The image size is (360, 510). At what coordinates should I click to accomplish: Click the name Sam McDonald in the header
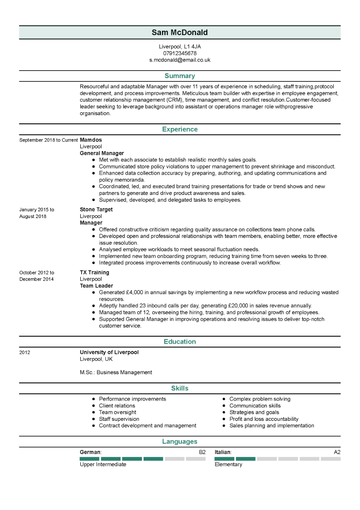[x=180, y=32]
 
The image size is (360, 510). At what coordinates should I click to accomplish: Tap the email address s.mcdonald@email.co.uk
[x=180, y=60]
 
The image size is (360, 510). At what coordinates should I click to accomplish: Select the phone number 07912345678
[x=180, y=53]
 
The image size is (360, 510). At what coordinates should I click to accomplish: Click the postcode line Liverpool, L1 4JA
[x=180, y=47]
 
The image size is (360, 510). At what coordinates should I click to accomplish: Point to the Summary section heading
[x=180, y=76]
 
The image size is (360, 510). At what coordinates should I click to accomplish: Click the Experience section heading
[x=180, y=129]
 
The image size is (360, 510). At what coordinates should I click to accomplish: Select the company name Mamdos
[x=91, y=140]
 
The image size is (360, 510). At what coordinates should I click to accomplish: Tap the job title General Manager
[x=102, y=153]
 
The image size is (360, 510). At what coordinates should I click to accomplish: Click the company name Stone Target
[x=96, y=209]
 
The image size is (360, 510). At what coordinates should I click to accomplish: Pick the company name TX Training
[x=94, y=273]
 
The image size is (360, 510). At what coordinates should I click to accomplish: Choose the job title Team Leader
[x=96, y=286]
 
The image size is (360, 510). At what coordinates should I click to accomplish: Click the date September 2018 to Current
[x=48, y=140]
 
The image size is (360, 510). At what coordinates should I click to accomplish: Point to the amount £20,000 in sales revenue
[x=240, y=306]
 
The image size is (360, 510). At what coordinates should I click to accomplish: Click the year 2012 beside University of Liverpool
[x=24, y=352]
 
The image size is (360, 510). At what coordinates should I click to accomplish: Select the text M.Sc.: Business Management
[x=116, y=372]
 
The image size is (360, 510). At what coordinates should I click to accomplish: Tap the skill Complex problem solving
[x=260, y=399]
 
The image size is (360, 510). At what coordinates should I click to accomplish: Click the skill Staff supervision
[x=119, y=419]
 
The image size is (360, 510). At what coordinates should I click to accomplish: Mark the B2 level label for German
[x=202, y=452]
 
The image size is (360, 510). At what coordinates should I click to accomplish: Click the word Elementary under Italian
[x=228, y=465]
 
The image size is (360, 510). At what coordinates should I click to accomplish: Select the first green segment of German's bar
[x=90, y=459]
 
